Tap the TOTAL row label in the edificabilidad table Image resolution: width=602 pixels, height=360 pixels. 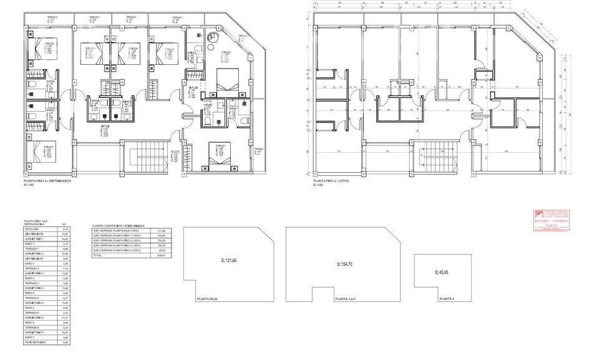(97, 256)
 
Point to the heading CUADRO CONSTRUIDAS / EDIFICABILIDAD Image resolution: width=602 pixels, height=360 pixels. (119, 225)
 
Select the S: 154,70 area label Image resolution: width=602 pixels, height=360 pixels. (347, 265)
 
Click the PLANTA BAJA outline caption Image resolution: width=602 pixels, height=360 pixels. (207, 299)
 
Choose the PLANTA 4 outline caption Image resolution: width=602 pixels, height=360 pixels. (447, 299)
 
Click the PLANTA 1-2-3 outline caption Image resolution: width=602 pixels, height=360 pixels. (344, 299)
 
